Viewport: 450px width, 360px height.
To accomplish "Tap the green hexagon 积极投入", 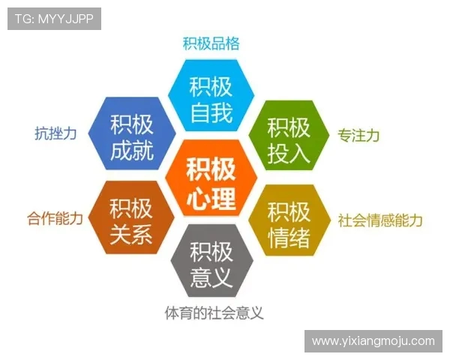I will coord(289,139).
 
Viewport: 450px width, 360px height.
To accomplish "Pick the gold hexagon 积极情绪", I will coord(289,223).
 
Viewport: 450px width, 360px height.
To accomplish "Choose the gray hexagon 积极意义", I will coord(211,265).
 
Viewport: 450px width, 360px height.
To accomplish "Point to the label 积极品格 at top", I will coord(211,43).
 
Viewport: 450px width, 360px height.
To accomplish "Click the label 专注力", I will coord(358,136).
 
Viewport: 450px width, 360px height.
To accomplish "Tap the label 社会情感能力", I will coord(380,220).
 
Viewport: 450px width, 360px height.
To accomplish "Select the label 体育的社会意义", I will coord(214,312).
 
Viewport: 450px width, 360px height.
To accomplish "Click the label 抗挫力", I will coord(55,133).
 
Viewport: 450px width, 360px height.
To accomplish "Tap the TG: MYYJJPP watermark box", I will coord(54,19).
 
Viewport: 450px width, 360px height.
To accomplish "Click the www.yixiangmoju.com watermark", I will coord(373,340).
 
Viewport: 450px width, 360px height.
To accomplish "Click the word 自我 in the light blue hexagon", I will coord(211,114).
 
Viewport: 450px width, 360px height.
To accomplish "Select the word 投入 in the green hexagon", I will coord(289,154).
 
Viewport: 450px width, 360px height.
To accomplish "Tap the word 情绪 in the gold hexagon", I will coord(289,238).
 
